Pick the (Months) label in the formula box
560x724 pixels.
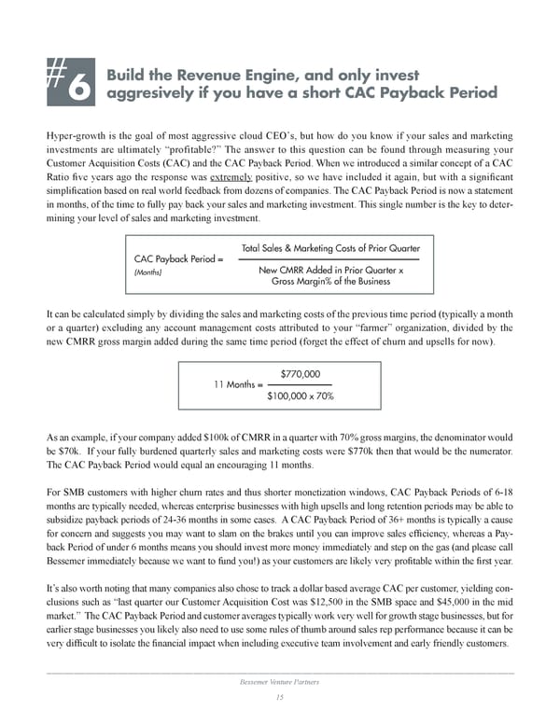(150, 273)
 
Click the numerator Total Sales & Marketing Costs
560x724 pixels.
(330, 248)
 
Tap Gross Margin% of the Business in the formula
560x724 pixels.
(330, 281)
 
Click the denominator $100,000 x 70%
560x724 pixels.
(301, 396)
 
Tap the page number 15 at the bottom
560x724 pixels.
(279, 698)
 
